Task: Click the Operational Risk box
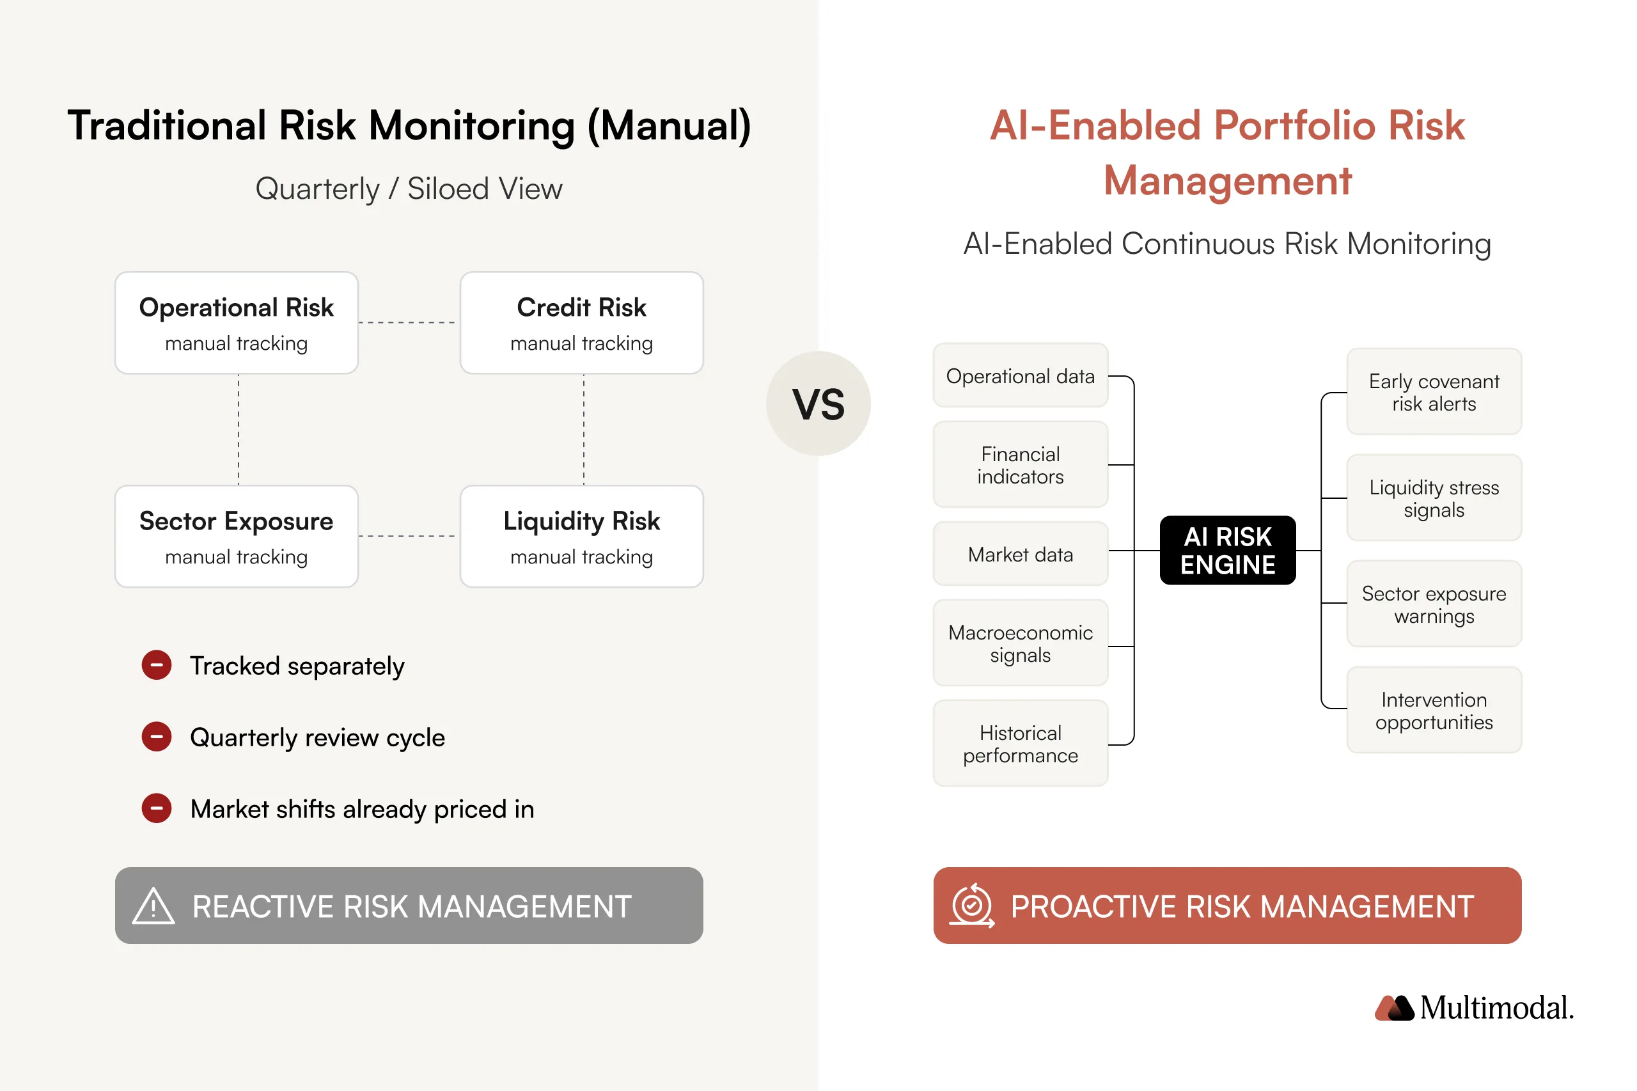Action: pyautogui.click(x=236, y=323)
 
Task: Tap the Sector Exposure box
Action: pyautogui.click(x=236, y=537)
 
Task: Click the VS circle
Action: pyautogui.click(x=817, y=404)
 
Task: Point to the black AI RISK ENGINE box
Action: pyautogui.click(x=1227, y=551)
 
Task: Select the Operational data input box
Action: pyautogui.click(x=1020, y=376)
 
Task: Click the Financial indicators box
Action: pyautogui.click(x=1020, y=465)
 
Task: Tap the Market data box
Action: pyautogui.click(x=1020, y=554)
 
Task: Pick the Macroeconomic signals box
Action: pyautogui.click(x=1020, y=643)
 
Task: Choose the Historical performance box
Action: pyautogui.click(x=1020, y=743)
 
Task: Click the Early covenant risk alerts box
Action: pyautogui.click(x=1433, y=392)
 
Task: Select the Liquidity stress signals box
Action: pyautogui.click(x=1433, y=498)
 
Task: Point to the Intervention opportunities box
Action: pyautogui.click(x=1433, y=710)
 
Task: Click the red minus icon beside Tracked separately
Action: pyautogui.click(x=157, y=665)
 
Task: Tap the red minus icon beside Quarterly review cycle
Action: pyautogui.click(x=157, y=737)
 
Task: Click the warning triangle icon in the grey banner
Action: pyautogui.click(x=153, y=906)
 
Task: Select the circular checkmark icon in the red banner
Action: pyautogui.click(x=971, y=906)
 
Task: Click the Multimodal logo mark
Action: pyautogui.click(x=1393, y=1007)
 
